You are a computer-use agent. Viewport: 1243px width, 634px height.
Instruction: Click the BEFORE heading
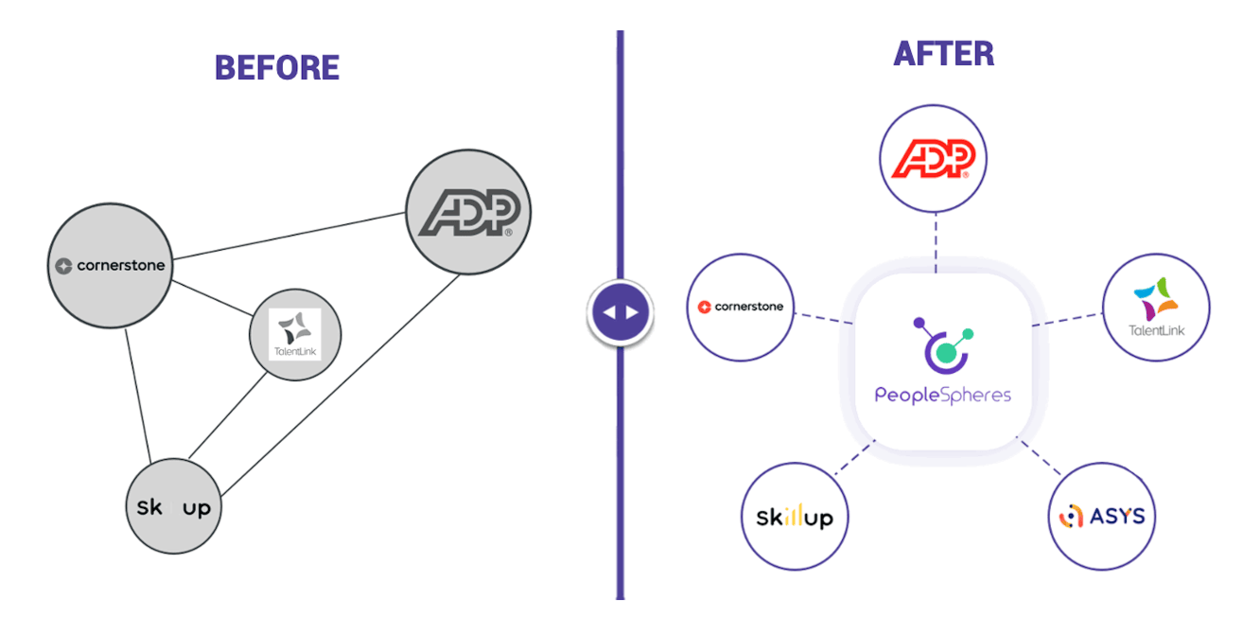coord(276,68)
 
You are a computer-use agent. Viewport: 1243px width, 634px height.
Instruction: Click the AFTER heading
coord(943,54)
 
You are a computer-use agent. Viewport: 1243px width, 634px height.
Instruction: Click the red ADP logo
coord(934,158)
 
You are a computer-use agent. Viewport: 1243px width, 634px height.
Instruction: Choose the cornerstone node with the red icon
coord(741,307)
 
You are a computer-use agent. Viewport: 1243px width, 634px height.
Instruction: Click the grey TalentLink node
coord(295,334)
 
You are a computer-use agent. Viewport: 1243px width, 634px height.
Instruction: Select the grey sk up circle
coord(174,507)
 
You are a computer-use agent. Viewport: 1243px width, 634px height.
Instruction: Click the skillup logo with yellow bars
coord(795,517)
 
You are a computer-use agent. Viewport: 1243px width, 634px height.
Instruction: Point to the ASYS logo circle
coord(1102,517)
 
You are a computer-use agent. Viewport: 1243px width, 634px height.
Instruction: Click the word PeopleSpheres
coord(942,395)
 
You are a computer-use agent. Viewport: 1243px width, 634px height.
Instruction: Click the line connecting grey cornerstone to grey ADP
coord(289,236)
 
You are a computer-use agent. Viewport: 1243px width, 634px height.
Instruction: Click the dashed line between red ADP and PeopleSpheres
coord(935,242)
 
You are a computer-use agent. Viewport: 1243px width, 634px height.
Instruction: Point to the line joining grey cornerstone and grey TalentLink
coord(213,300)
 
